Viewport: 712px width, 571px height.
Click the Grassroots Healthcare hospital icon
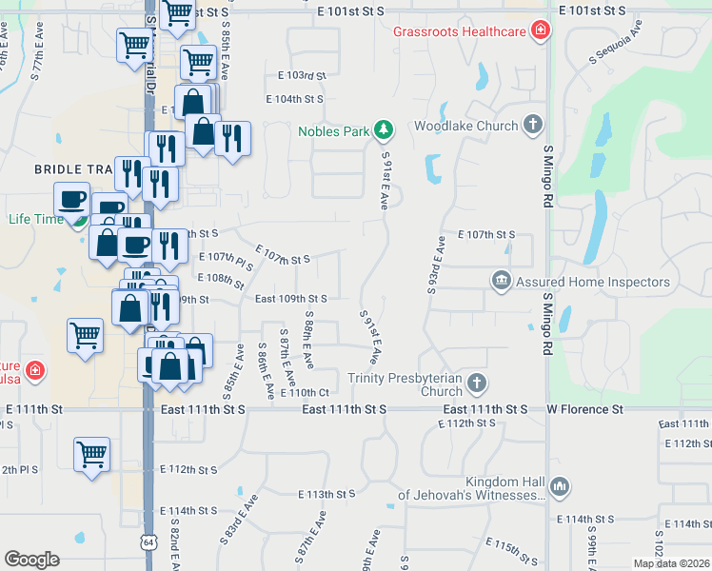tap(541, 31)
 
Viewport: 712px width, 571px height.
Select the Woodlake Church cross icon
tap(533, 125)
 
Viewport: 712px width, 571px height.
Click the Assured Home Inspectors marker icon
tap(501, 281)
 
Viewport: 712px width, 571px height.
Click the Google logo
tap(31, 559)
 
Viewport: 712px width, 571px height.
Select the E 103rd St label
tap(302, 74)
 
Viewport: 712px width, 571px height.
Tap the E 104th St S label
tap(294, 99)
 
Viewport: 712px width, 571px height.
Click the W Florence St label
tap(583, 409)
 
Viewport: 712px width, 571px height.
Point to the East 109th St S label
tap(291, 299)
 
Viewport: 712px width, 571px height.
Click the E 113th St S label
tap(326, 494)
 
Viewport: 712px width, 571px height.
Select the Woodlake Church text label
tap(465, 126)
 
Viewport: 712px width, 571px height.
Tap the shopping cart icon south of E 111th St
tap(91, 454)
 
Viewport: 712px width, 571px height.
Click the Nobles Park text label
tap(332, 131)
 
